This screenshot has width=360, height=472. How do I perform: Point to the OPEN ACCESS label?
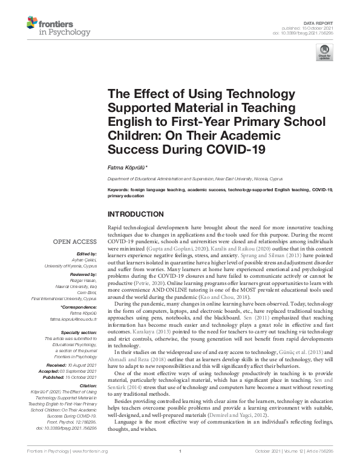click(x=75, y=241)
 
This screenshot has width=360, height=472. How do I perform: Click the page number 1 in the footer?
click(x=180, y=468)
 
